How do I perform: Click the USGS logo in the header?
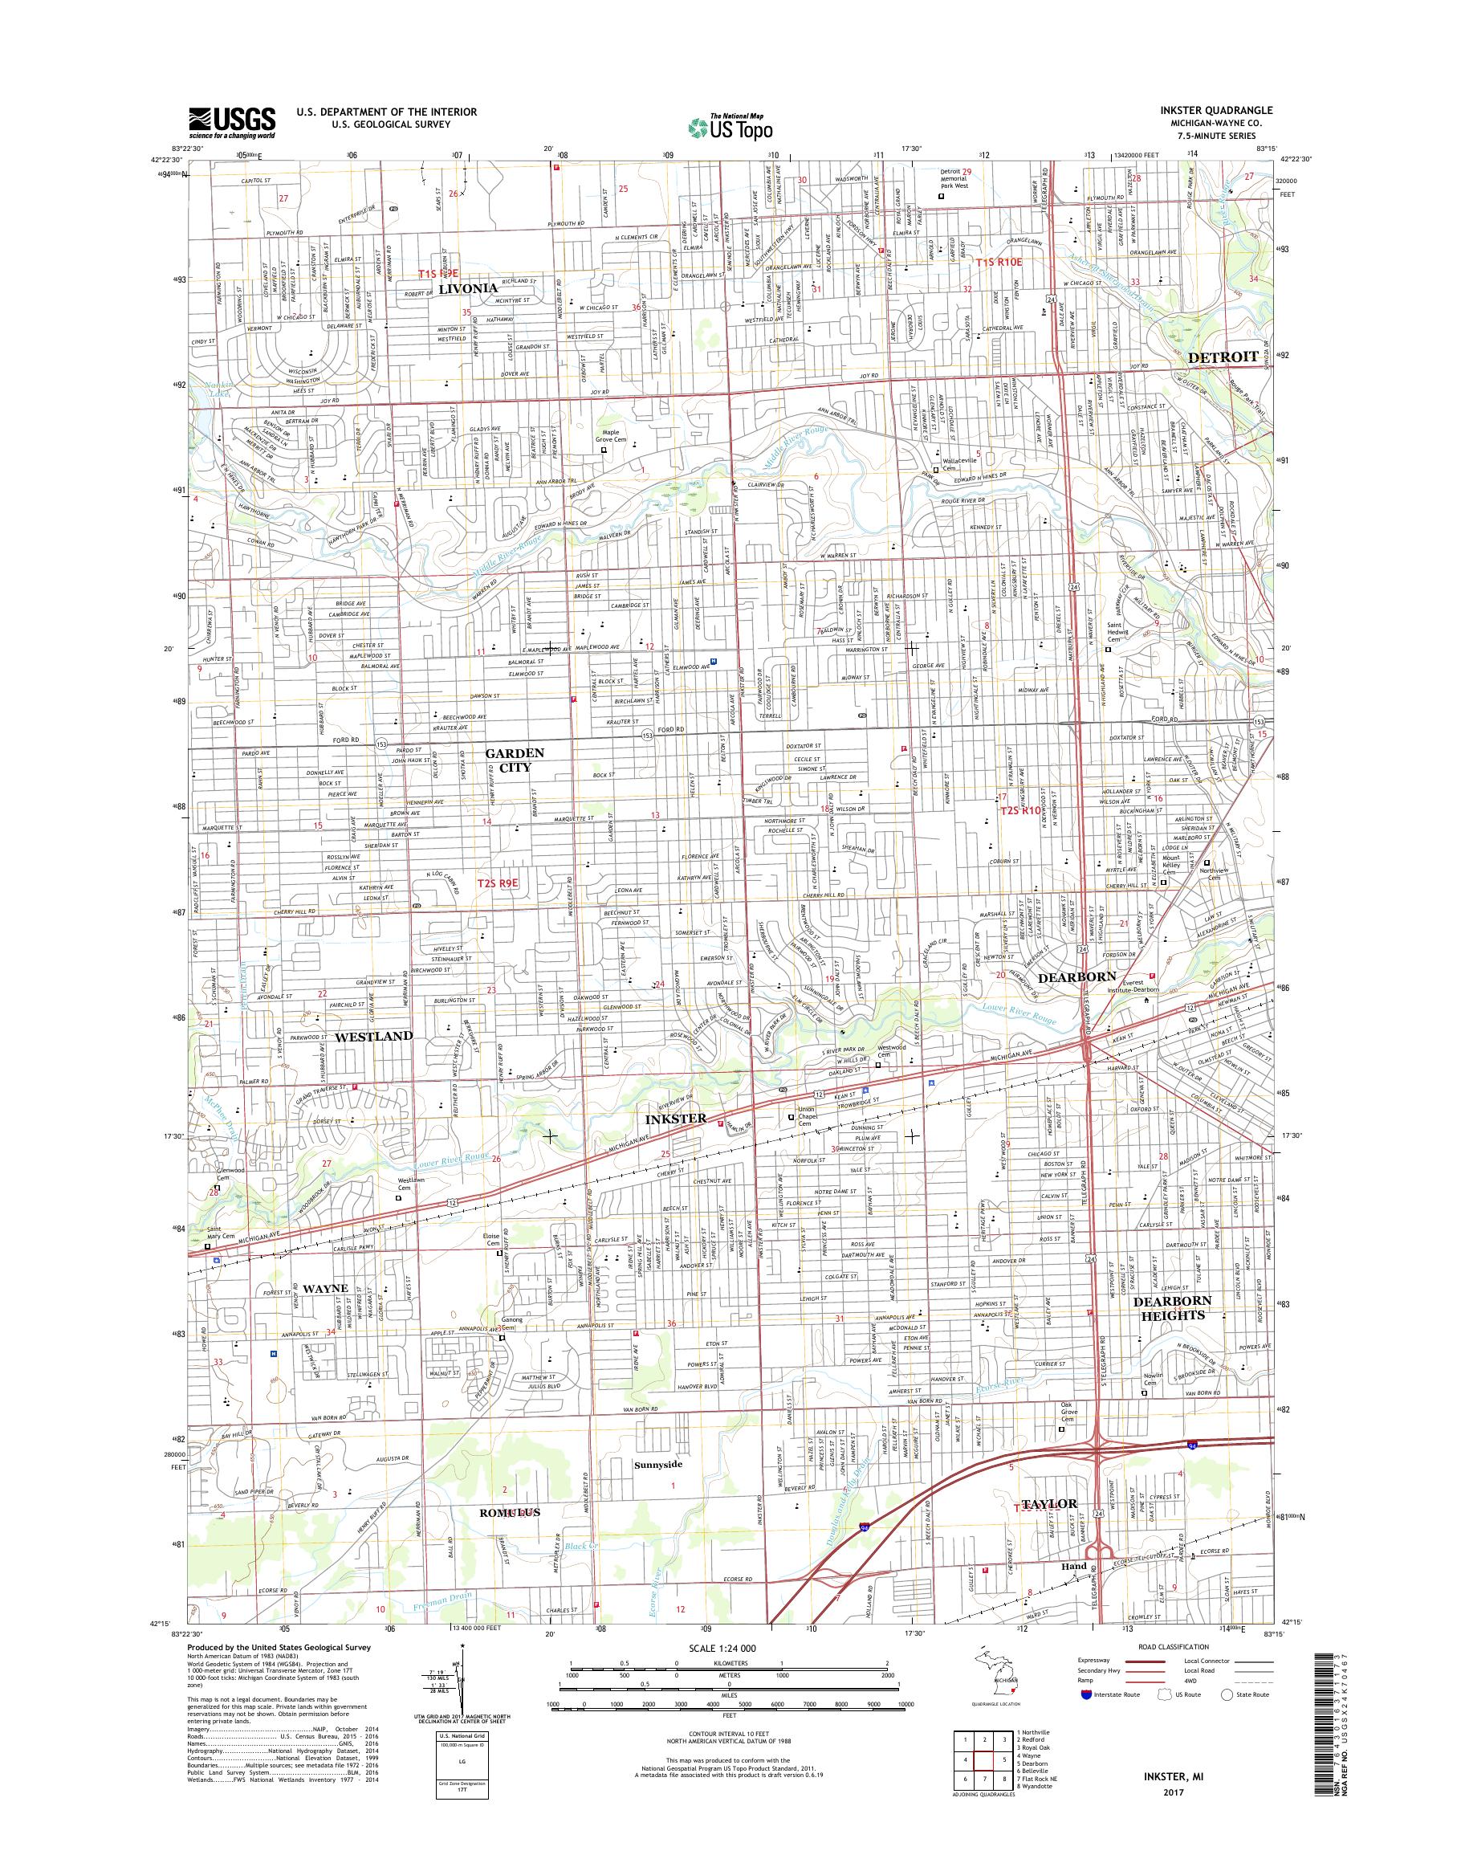232,122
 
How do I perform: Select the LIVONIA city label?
468,288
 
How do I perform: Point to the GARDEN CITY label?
514,760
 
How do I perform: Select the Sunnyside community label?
657,1464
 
